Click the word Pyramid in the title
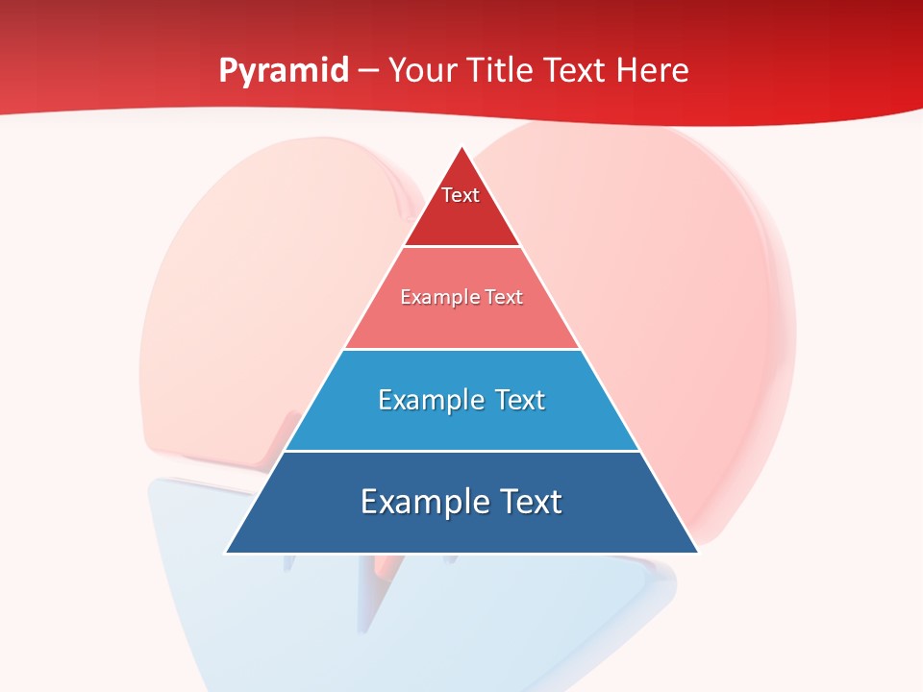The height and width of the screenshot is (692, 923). [283, 70]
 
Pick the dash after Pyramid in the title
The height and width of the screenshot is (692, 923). [367, 71]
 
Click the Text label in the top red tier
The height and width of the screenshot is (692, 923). [461, 195]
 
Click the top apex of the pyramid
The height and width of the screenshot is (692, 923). [462, 147]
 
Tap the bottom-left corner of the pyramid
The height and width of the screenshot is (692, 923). [227, 553]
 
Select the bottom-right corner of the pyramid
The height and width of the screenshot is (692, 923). [697, 553]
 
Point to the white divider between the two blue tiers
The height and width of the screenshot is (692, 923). [462, 451]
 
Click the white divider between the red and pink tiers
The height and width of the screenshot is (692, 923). [462, 247]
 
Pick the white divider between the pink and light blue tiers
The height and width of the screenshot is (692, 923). [462, 349]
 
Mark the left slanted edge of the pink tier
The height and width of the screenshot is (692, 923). [374, 298]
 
